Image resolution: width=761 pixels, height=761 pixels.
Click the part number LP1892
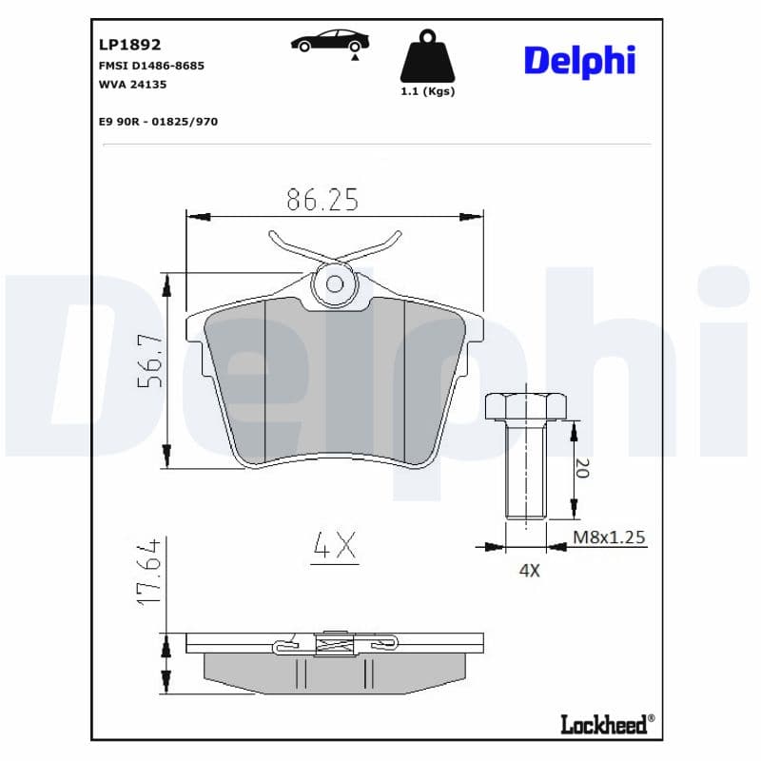129,45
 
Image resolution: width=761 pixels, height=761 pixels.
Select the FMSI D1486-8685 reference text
151,66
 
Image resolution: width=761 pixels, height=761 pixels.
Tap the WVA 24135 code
132,85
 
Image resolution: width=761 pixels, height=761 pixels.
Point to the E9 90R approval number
158,122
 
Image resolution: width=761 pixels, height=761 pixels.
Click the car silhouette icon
330,40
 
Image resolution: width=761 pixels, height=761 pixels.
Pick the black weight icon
427,56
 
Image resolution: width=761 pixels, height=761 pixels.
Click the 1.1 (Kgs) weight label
427,91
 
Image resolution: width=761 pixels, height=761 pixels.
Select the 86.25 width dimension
322,200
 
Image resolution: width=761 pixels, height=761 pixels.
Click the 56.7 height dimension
150,361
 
